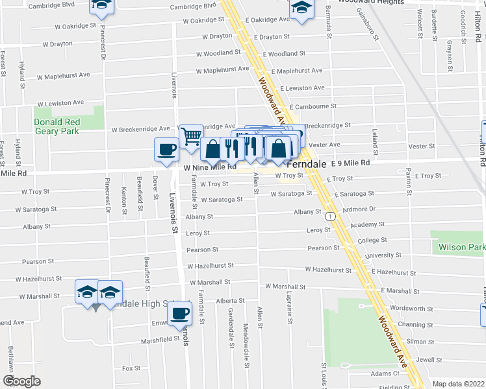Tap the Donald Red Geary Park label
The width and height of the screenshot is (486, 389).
(x=57, y=126)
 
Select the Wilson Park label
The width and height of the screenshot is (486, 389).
(x=461, y=247)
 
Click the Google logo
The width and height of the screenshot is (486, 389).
(x=21, y=382)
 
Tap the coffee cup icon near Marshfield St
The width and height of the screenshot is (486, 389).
(x=179, y=314)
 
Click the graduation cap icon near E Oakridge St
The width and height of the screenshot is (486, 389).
(x=301, y=10)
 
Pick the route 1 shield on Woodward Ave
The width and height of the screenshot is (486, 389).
(x=331, y=217)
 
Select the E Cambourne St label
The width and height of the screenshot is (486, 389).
(x=313, y=106)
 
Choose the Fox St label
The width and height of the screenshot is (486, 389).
(x=131, y=368)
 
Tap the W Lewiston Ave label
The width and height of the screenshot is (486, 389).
(x=60, y=103)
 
